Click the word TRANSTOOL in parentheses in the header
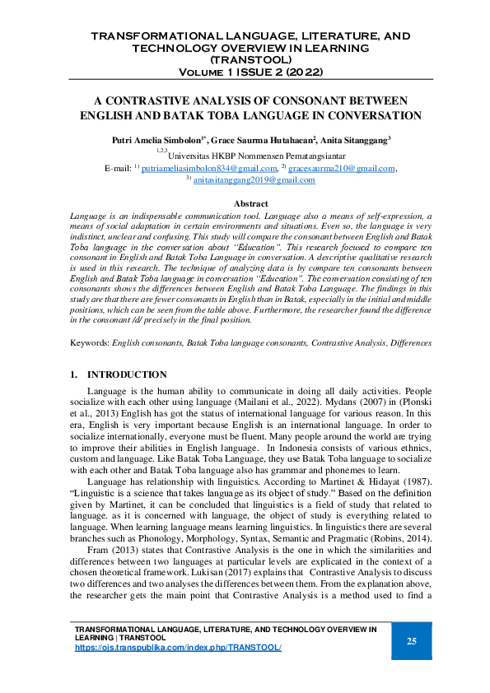tap(245, 59)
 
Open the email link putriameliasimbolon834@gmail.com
tap(210, 168)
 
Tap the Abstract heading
tap(250, 202)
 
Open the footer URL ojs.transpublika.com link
tap(178, 648)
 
